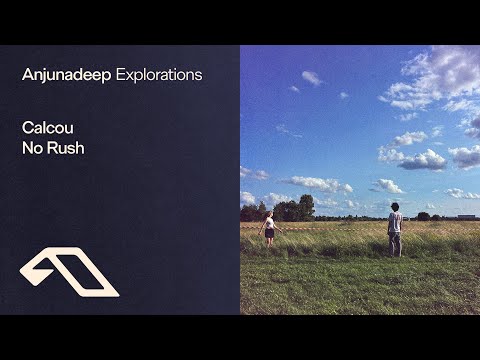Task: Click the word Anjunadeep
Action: (66, 75)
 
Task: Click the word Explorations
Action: (159, 75)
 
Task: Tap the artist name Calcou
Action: (46, 129)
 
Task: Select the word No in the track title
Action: (32, 149)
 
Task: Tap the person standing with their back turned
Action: (394, 229)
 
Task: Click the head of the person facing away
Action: (394, 208)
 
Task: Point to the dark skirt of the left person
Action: (267, 232)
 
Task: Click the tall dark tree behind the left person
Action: (306, 206)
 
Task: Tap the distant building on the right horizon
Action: (465, 216)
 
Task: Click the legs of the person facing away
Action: (395, 244)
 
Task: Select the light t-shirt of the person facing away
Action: (394, 222)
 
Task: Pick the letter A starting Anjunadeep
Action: (27, 75)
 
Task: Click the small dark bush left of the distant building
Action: (424, 216)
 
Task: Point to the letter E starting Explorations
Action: (121, 75)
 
